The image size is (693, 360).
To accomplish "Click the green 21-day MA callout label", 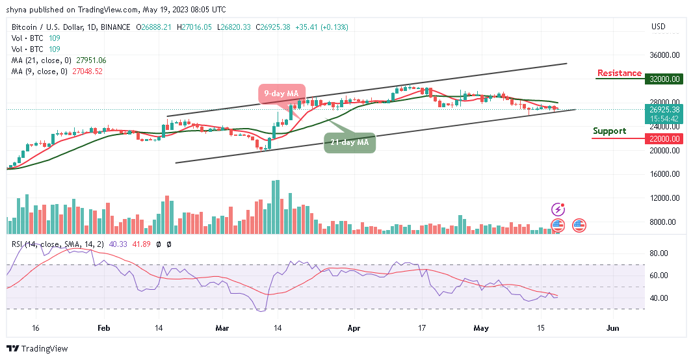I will [350, 142].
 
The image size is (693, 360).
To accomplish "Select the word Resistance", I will [619, 73].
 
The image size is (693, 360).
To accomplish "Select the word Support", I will [609, 131].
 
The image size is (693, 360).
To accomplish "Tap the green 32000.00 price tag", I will [663, 79].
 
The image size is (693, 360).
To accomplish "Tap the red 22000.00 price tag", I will [663, 138].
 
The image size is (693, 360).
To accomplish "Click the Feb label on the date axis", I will [103, 329].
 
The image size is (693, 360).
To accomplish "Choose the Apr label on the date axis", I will [354, 329].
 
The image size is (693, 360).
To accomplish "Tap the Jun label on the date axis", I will [611, 329].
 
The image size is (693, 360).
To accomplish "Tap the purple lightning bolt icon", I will [558, 209].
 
